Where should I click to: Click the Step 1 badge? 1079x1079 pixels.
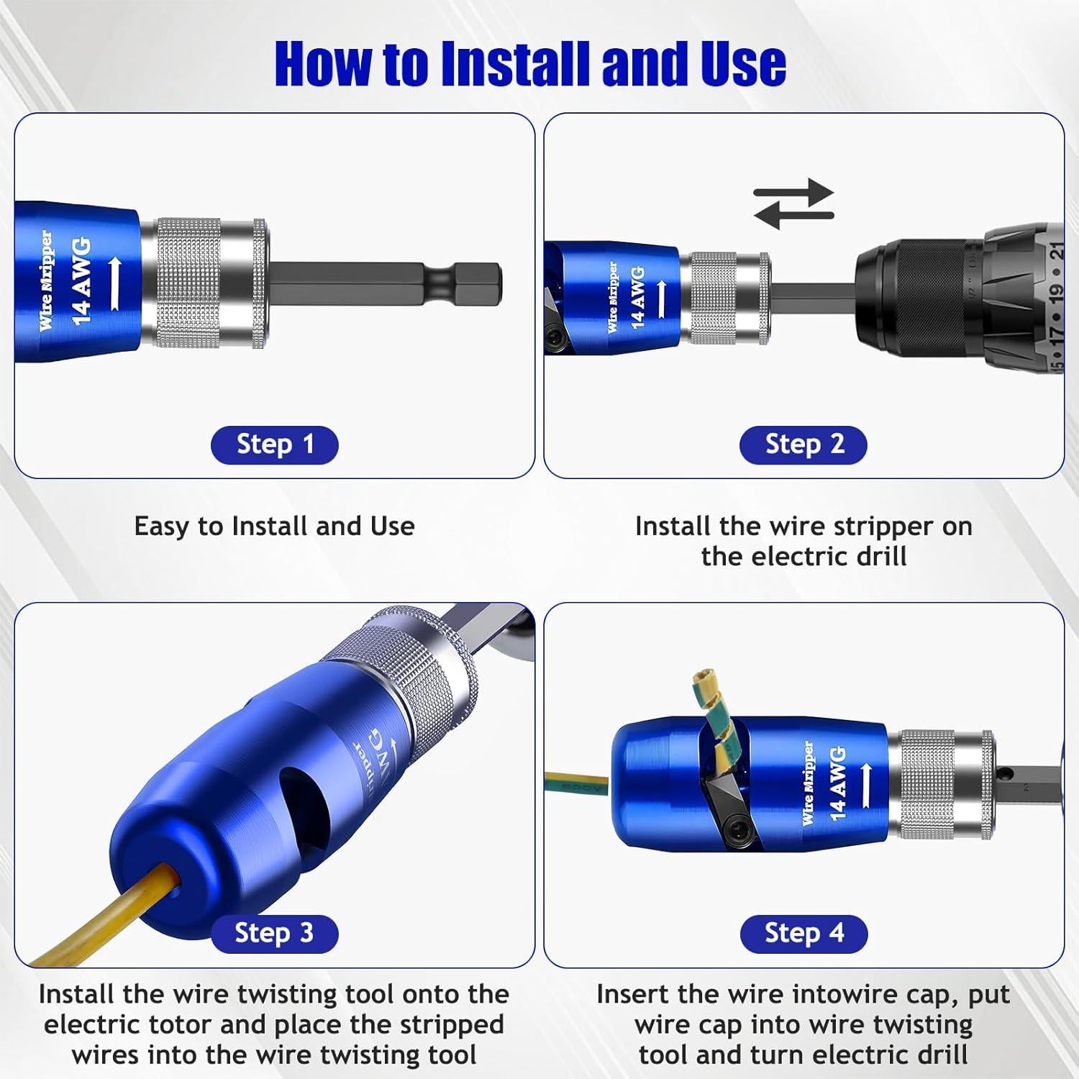[274, 445]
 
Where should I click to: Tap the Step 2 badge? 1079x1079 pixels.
[803, 445]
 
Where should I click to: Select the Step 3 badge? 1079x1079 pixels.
[274, 934]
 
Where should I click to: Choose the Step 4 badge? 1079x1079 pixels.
[803, 934]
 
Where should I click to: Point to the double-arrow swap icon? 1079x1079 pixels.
[793, 204]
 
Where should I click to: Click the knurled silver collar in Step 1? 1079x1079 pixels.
[188, 283]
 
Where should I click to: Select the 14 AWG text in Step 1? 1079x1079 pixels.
[81, 281]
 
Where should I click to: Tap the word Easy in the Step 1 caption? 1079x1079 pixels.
[163, 527]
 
